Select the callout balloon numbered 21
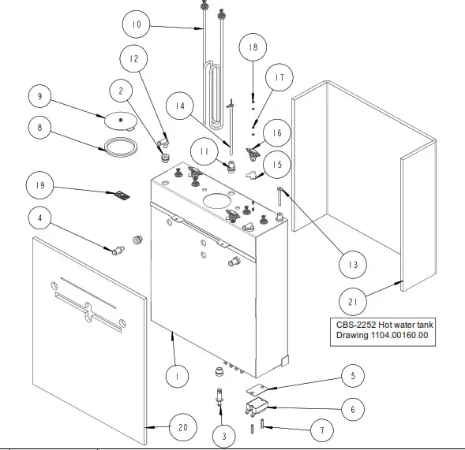(x=352, y=300)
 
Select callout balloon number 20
(x=182, y=427)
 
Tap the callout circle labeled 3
(x=223, y=434)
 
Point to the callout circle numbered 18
(x=253, y=47)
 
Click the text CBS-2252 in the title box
(x=356, y=325)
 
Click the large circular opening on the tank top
(x=219, y=202)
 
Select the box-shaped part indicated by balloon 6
(x=258, y=407)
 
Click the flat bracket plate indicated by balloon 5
(x=259, y=389)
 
